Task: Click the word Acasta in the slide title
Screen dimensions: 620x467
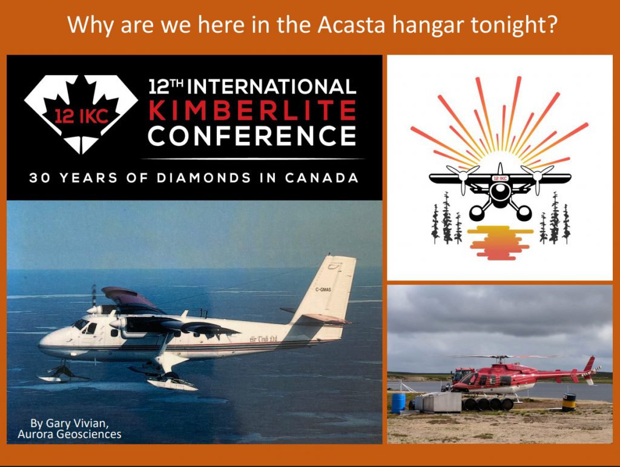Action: pos(351,25)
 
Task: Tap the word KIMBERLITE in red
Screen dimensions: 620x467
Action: pos(252,110)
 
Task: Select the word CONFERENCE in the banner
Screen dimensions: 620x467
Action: pos(252,136)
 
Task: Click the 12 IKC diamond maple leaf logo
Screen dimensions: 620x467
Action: pos(81,114)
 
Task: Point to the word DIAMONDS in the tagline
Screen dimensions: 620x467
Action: pos(203,177)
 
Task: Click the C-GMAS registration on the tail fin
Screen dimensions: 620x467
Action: pos(323,290)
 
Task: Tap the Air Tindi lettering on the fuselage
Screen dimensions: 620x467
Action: pos(263,339)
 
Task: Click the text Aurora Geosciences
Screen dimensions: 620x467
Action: pos(70,434)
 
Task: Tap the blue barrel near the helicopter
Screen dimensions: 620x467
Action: pos(398,403)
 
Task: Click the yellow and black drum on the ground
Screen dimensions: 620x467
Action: pos(569,402)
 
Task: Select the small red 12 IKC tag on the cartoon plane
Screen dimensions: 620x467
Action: pos(500,178)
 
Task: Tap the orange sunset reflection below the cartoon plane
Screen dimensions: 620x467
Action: pos(499,242)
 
